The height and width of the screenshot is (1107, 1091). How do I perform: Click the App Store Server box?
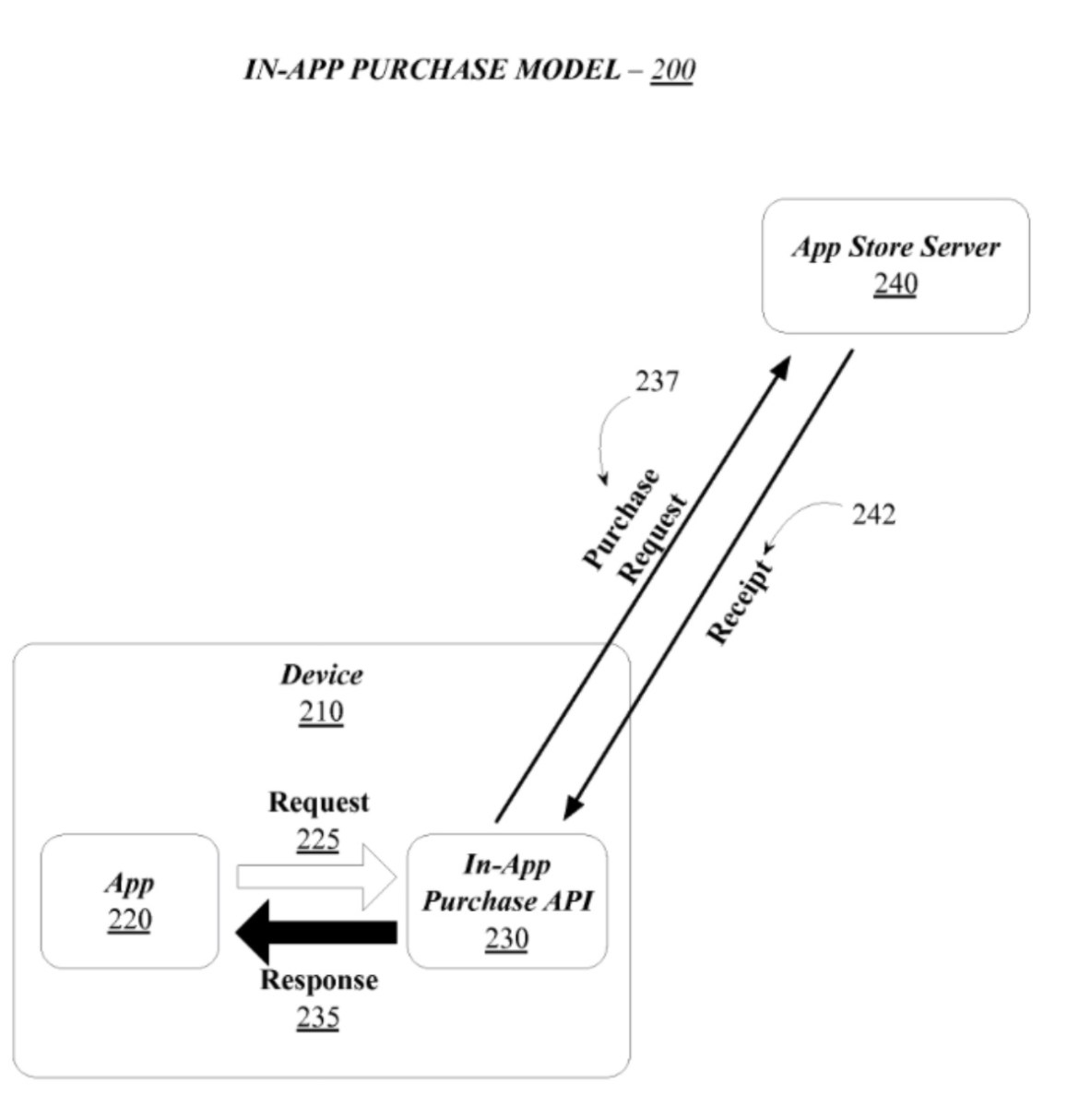coord(895,266)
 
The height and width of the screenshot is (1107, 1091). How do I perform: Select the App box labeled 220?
coord(129,900)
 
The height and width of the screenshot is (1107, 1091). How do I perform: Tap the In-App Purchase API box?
coord(506,900)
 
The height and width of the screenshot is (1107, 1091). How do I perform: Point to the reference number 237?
coord(657,381)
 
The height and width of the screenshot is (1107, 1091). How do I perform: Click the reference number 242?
coord(873,514)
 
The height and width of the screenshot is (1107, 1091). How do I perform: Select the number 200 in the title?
coord(672,70)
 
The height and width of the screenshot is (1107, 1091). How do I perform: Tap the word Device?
coord(321,674)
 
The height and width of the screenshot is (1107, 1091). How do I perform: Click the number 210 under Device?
coord(321,712)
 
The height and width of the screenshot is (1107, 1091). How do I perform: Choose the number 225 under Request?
coord(318,839)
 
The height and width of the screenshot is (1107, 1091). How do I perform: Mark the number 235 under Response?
coord(318,1017)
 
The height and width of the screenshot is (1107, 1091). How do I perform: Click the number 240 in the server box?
coord(895,284)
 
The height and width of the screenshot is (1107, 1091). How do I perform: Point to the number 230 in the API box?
coord(506,938)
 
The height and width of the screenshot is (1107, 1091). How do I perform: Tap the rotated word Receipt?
coord(740,601)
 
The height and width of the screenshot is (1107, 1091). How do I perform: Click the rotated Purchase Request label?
coord(634,526)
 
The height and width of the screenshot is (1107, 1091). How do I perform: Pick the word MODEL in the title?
coord(566,70)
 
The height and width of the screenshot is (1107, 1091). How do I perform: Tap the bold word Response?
coord(318,980)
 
